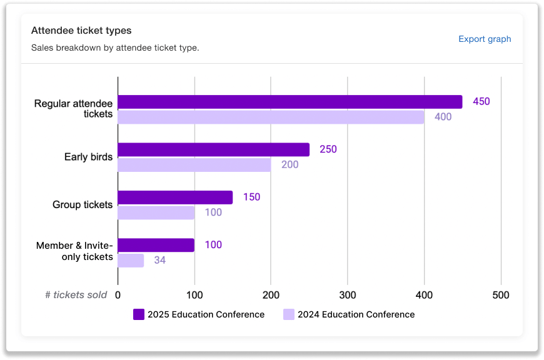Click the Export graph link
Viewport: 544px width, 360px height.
485,39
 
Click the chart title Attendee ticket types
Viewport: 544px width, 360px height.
81,31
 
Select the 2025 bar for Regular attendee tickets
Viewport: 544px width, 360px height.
290,102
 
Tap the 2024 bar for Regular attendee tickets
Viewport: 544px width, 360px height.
271,117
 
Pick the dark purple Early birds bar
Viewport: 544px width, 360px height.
213,149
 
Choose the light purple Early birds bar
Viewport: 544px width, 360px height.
194,165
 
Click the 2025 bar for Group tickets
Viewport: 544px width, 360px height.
175,197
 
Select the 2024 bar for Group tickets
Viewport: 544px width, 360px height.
156,212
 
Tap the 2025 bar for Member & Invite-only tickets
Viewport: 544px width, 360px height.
156,245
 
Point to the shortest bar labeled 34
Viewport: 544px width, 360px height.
131,260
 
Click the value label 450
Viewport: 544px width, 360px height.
481,101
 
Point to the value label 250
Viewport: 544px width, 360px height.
328,149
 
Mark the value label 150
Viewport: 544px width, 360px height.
251,197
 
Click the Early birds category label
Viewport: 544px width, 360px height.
88,157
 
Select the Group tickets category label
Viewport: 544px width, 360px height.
83,205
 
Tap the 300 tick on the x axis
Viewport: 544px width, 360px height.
347,295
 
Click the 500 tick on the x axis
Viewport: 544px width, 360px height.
500,295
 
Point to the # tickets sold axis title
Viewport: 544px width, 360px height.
76,295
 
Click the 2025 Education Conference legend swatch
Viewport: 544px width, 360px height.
139,314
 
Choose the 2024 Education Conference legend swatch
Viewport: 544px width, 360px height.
289,314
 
